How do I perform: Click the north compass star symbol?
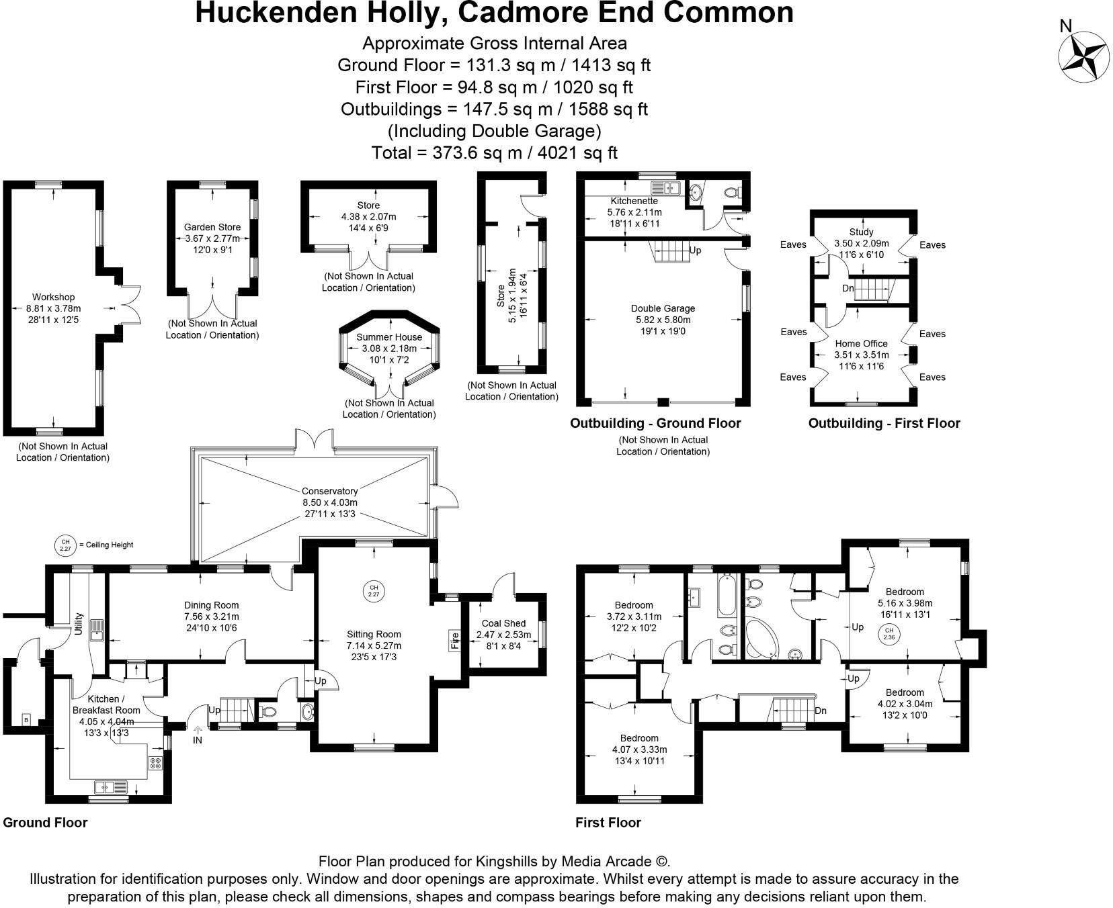click(1083, 57)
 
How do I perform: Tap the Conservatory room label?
click(329, 491)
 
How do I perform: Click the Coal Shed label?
click(503, 623)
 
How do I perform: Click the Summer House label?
click(389, 337)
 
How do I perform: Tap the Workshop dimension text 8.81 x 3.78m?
click(53, 308)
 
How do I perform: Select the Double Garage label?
click(663, 308)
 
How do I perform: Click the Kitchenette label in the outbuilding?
click(634, 201)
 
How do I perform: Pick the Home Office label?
click(861, 343)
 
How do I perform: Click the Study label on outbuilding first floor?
click(861, 232)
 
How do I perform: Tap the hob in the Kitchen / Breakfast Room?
click(155, 762)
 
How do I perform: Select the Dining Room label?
click(211, 605)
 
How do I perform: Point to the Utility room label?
click(79, 623)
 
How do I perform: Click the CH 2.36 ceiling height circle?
click(889, 633)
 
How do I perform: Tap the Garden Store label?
click(212, 227)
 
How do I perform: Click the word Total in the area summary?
click(393, 152)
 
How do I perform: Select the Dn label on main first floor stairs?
click(820, 711)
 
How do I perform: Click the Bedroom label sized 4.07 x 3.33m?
click(639, 738)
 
